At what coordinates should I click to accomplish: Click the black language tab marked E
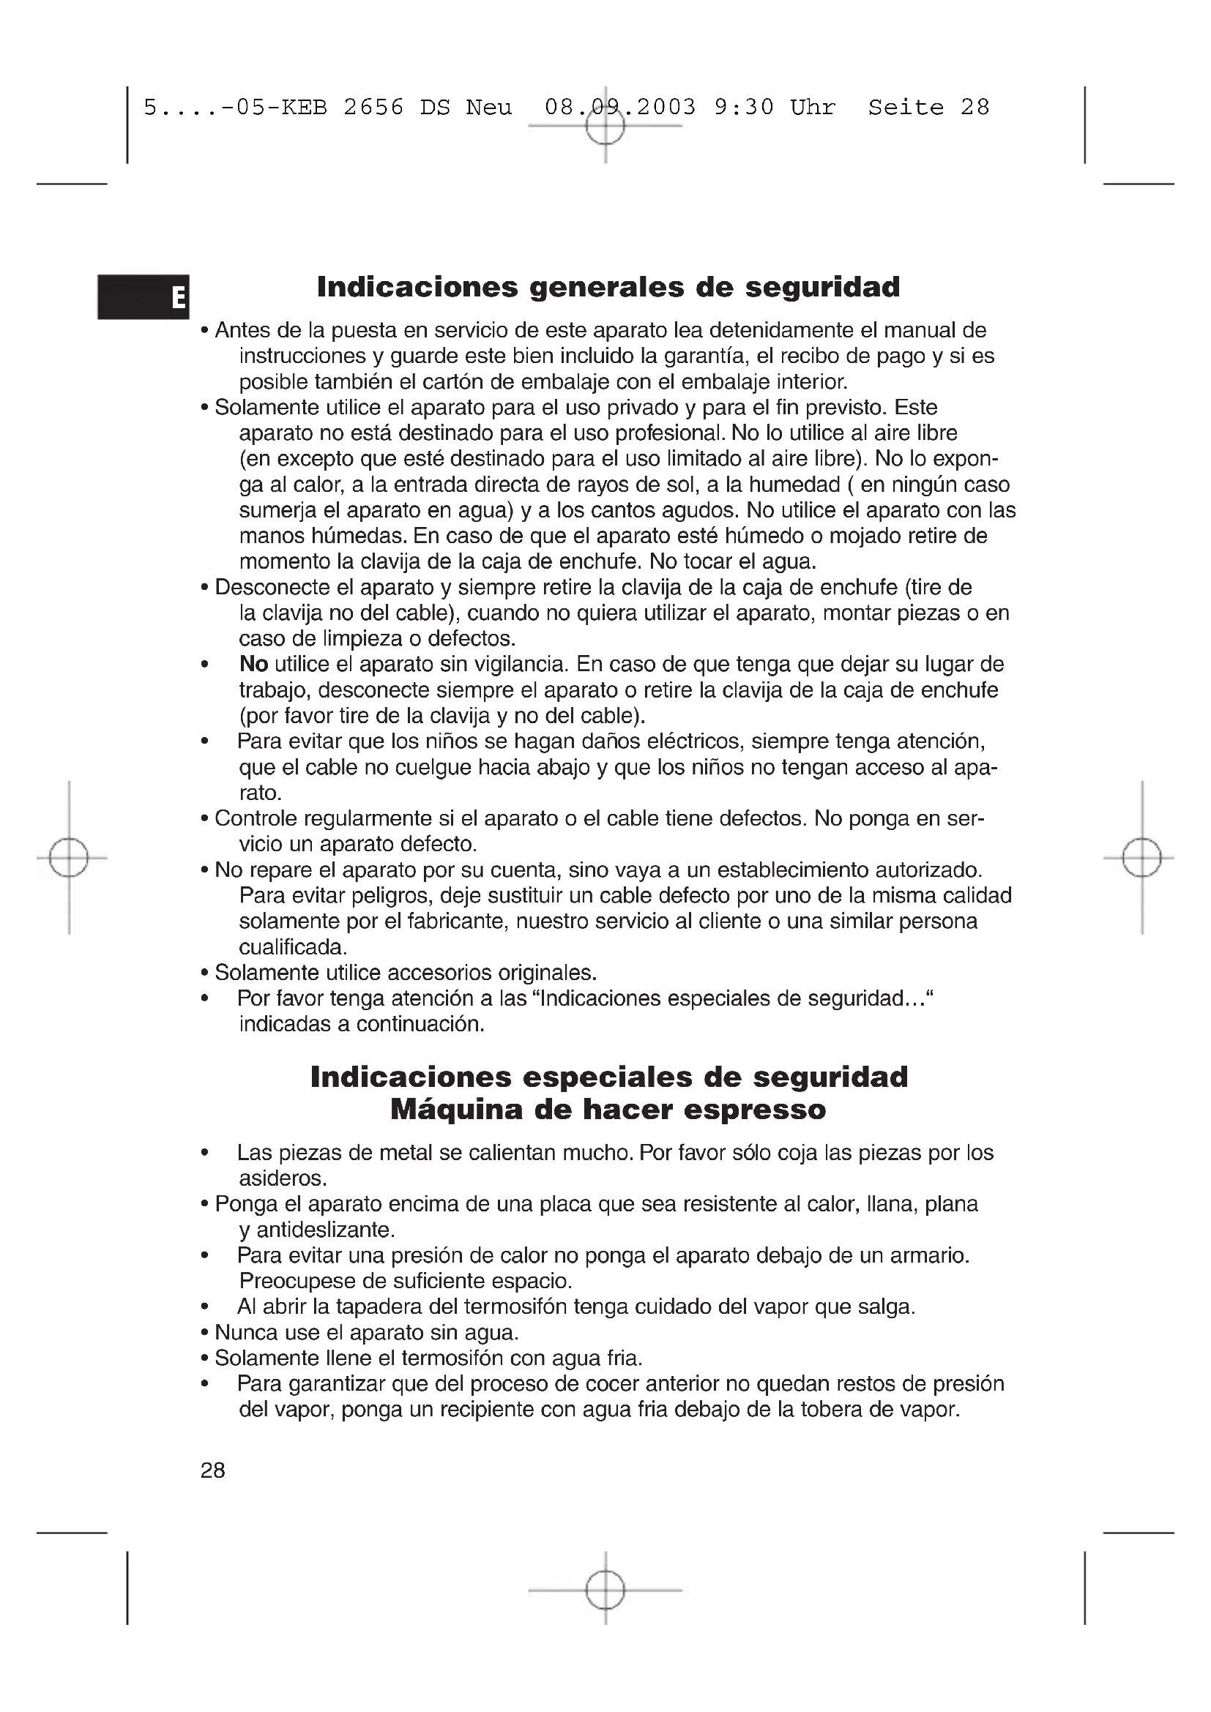[x=144, y=296]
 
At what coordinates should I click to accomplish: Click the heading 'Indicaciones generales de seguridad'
[x=608, y=287]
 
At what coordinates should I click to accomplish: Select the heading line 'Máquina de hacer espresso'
[x=608, y=1110]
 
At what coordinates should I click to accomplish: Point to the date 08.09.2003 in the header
[x=619, y=108]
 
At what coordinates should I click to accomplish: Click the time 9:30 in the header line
[x=743, y=108]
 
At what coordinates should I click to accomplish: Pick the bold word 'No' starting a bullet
[x=253, y=664]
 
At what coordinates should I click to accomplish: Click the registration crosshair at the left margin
[x=69, y=858]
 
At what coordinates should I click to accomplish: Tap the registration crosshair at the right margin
[x=1141, y=858]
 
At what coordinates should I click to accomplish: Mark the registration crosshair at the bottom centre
[x=605, y=1590]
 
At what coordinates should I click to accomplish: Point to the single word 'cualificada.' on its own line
[x=293, y=947]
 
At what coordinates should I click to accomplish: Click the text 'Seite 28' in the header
[x=928, y=108]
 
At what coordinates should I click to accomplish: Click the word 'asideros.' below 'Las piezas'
[x=283, y=1178]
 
